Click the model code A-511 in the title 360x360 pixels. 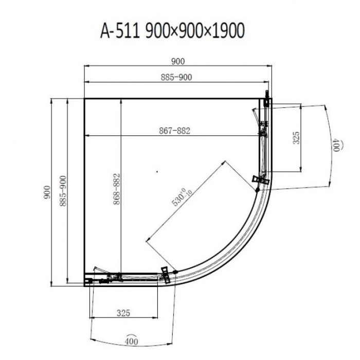tap(120, 31)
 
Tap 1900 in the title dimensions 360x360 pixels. tap(228, 31)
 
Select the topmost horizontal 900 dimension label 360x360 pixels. tap(178, 62)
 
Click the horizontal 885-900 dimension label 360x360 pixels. tap(176, 77)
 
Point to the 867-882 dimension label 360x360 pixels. tap(175, 131)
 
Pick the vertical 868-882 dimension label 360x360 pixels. tap(117, 189)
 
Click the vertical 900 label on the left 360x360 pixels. tap(47, 192)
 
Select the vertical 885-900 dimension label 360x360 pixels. tap(63, 191)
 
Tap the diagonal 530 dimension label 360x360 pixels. tap(182, 197)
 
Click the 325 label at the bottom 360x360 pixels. tap(123, 313)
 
